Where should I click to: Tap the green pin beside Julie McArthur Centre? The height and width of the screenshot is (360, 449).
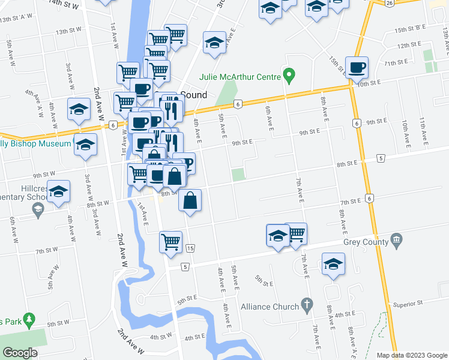(x=289, y=76)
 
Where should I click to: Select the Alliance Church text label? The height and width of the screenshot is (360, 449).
(x=270, y=307)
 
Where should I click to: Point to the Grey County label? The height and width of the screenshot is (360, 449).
(x=366, y=242)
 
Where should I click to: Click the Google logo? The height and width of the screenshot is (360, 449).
(x=20, y=353)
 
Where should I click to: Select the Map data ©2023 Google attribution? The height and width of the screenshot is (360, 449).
(x=412, y=355)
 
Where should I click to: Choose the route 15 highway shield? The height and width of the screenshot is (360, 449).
(x=190, y=248)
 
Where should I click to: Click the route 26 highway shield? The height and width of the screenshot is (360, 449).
(x=390, y=3)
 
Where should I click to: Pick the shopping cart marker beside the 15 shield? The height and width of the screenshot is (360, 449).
(x=170, y=242)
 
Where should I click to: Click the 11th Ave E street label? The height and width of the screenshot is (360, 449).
(x=425, y=133)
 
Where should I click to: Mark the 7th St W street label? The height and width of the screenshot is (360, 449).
(x=46, y=250)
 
